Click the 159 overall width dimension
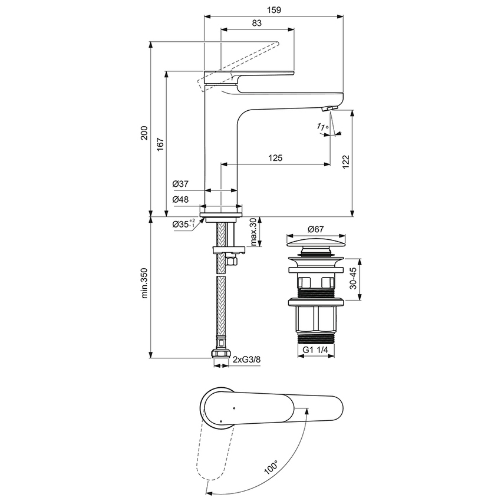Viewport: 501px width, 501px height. (x=273, y=10)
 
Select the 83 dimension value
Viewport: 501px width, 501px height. (x=256, y=22)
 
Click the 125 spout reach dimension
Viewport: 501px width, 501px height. (x=275, y=157)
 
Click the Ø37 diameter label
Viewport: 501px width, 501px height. (x=180, y=184)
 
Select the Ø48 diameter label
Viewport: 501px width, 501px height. (x=180, y=200)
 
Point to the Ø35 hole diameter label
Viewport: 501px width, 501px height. (x=183, y=225)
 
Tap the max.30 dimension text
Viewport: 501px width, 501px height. (x=253, y=232)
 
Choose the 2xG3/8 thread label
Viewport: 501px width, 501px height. (x=246, y=360)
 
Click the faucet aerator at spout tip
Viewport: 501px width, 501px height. (x=328, y=108)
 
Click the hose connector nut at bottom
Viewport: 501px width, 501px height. (x=219, y=354)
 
